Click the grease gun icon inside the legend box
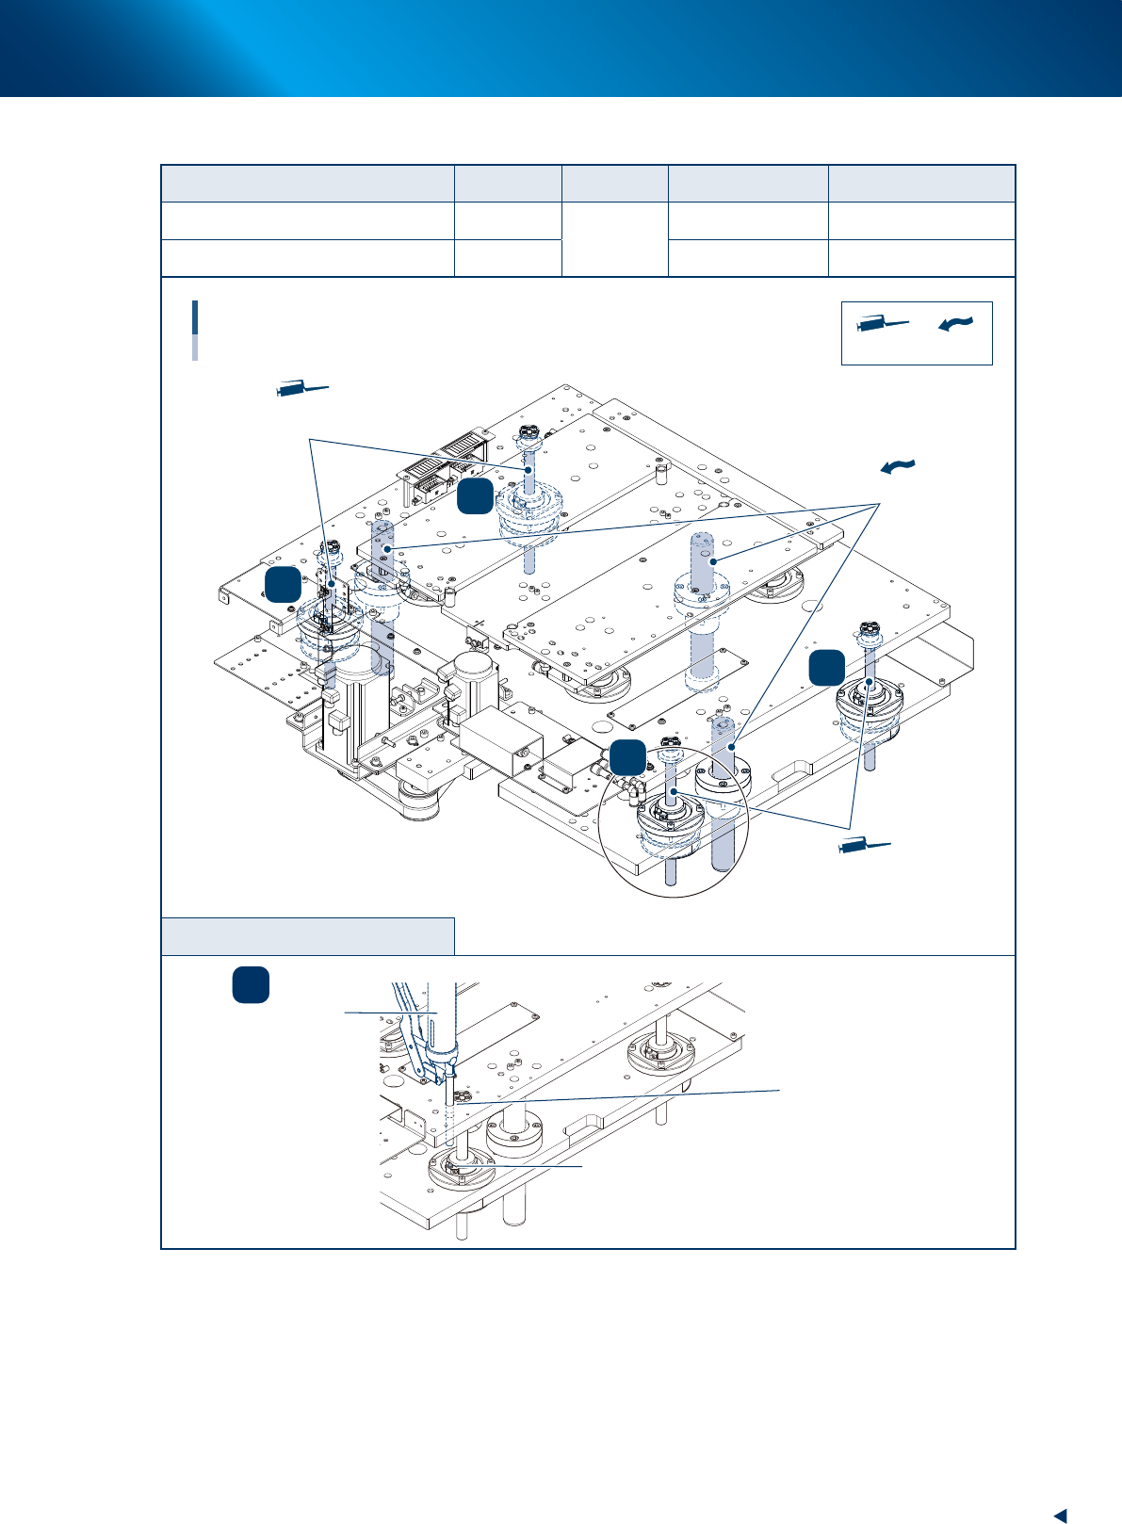pos(882,325)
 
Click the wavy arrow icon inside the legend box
pos(954,323)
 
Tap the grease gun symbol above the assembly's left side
pos(301,388)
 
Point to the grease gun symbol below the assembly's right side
pos(864,847)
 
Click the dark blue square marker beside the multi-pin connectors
pos(476,496)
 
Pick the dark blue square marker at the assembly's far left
pos(283,584)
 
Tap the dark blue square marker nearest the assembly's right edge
pos(826,667)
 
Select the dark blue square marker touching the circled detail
pos(627,758)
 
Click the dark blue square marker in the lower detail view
pos(251,984)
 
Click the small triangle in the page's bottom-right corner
pos(1059,1488)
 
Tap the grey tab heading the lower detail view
pos(308,935)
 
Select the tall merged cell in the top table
pos(614,239)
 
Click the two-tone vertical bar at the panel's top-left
pos(195,330)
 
